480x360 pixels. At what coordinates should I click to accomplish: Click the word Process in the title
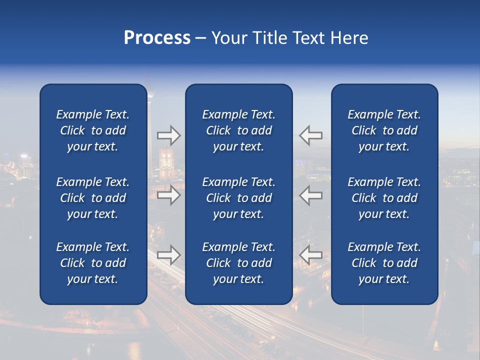pyautogui.click(x=157, y=38)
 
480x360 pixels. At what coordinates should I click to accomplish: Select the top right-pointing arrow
pyautogui.click(x=168, y=135)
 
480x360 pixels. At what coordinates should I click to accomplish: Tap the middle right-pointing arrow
pyautogui.click(x=168, y=195)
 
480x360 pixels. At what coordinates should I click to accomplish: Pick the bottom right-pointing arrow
pyautogui.click(x=168, y=255)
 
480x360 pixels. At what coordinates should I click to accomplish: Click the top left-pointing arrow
pyautogui.click(x=310, y=135)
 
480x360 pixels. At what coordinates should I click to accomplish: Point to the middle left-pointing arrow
pyautogui.click(x=310, y=195)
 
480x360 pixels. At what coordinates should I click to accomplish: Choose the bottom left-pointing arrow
pyautogui.click(x=310, y=255)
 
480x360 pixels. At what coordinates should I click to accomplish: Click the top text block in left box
pyautogui.click(x=93, y=130)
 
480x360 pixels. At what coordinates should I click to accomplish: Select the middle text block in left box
pyautogui.click(x=93, y=198)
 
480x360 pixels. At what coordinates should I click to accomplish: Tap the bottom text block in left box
pyautogui.click(x=93, y=263)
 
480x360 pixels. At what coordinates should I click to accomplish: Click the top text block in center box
pyautogui.click(x=239, y=130)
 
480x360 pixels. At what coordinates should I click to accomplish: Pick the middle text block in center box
pyautogui.click(x=239, y=198)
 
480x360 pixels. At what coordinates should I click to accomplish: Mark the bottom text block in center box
pyautogui.click(x=239, y=263)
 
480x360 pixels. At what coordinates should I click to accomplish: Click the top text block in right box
pyautogui.click(x=384, y=130)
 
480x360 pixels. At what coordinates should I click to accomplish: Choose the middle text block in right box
pyautogui.click(x=384, y=198)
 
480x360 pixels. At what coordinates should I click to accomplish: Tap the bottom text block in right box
pyautogui.click(x=384, y=263)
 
